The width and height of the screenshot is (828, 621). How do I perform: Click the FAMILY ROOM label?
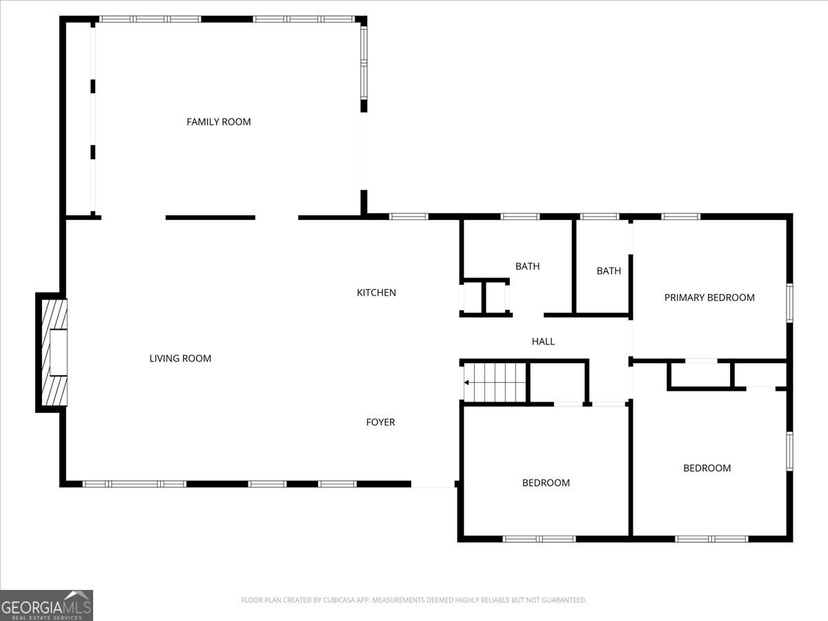(218, 122)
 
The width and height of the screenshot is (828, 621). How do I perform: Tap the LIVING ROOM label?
(180, 359)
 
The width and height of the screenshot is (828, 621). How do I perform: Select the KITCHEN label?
(376, 293)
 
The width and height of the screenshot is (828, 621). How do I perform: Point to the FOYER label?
(380, 422)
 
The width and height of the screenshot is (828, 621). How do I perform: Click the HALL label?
(543, 342)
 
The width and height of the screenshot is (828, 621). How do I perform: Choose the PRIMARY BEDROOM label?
(709, 298)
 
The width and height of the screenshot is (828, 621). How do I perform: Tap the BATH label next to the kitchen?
(527, 266)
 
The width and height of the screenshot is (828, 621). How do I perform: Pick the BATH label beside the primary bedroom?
(609, 271)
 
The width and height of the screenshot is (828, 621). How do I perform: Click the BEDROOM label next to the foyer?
(546, 483)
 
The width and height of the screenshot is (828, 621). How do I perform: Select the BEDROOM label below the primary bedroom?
(707, 469)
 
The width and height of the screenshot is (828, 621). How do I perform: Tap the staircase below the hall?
(495, 382)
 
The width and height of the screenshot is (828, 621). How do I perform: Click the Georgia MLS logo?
(46, 605)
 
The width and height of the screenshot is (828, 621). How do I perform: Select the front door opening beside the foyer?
(433, 486)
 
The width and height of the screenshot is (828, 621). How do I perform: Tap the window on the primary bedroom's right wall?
(789, 302)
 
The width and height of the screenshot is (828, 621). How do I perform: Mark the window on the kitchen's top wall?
(408, 217)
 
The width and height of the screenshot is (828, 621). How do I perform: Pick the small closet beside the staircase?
(557, 382)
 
